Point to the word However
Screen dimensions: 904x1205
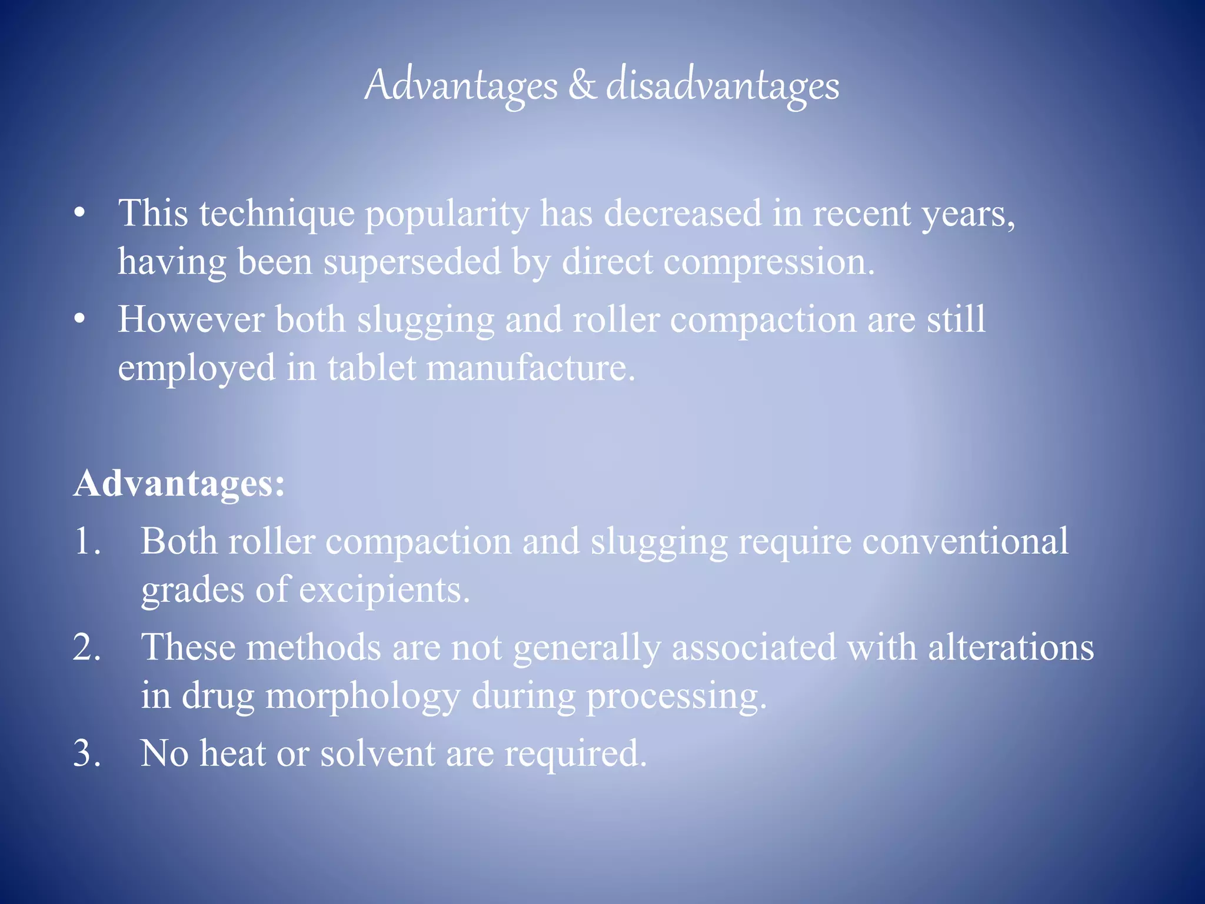click(x=191, y=320)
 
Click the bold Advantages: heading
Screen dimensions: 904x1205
click(x=179, y=484)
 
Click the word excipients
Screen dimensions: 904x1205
click(x=384, y=590)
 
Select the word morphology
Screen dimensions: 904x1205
click(x=362, y=696)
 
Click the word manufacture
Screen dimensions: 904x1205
click(x=531, y=368)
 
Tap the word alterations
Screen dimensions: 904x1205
click(x=1011, y=647)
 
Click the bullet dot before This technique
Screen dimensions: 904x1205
click(x=80, y=214)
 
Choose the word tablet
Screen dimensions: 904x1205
click(x=371, y=368)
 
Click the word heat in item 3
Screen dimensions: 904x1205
click(x=232, y=753)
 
